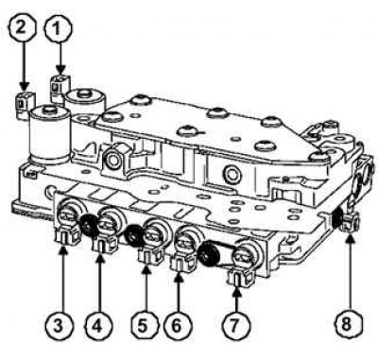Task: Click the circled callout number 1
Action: [x=58, y=29]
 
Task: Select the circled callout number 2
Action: [x=21, y=28]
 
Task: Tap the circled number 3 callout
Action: [x=59, y=326]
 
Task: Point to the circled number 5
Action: [x=143, y=326]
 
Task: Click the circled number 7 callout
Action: [x=233, y=326]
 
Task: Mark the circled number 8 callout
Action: [x=346, y=325]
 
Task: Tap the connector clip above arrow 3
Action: [x=66, y=237]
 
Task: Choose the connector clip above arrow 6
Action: [x=182, y=261]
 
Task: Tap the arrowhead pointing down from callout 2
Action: [x=24, y=86]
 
